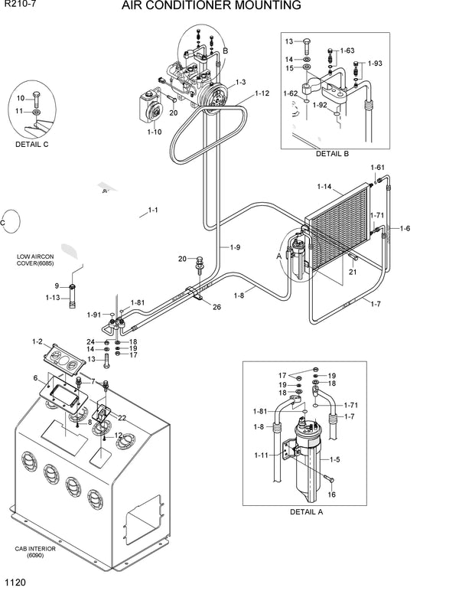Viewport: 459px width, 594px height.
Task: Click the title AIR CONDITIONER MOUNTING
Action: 221,6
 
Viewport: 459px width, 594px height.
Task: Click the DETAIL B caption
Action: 332,154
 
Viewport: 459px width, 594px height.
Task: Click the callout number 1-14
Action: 324,186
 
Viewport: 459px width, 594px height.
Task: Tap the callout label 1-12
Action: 262,93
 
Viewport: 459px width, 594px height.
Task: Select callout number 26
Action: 216,308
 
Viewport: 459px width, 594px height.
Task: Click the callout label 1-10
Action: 154,132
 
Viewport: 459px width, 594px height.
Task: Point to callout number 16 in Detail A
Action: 332,495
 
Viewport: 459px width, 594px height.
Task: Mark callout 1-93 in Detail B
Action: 376,63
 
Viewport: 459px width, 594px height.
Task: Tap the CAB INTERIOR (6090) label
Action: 31,553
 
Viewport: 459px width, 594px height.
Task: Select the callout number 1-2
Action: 37,341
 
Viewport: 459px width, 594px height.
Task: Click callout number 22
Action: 122,418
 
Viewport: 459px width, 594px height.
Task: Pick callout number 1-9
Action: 235,246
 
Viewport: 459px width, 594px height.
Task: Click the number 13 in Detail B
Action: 289,41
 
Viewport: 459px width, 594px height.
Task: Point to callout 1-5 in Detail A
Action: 334,459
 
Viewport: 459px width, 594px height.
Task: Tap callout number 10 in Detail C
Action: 21,97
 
